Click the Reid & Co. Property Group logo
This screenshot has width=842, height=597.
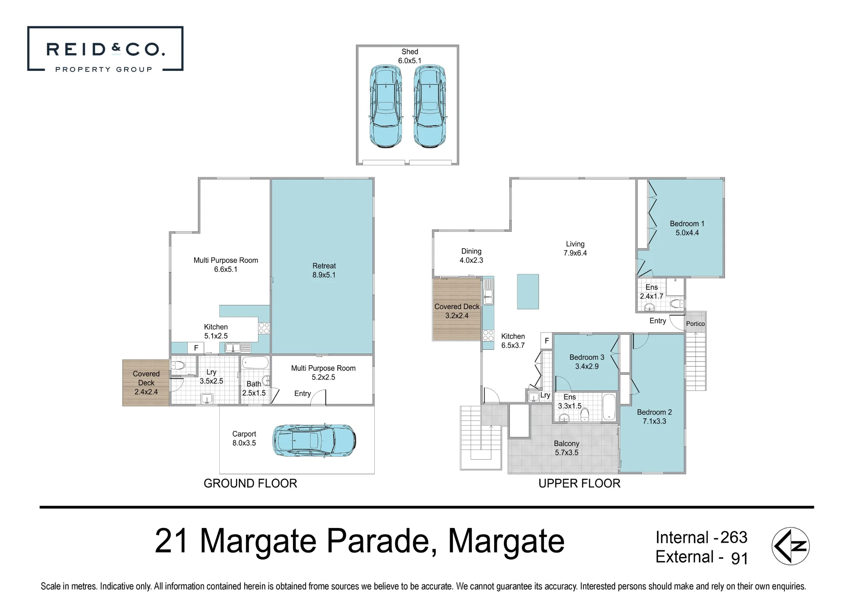pyautogui.click(x=105, y=49)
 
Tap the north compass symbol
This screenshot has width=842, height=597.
pyautogui.click(x=791, y=546)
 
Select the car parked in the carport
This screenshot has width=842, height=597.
pyautogui.click(x=314, y=440)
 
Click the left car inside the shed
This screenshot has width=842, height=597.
pyautogui.click(x=386, y=106)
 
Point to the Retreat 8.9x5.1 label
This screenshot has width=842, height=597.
pyautogui.click(x=324, y=270)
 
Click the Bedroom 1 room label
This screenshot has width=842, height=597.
pyautogui.click(x=687, y=228)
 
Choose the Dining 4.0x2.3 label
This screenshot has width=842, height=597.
pyautogui.click(x=471, y=256)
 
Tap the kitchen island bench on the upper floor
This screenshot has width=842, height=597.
pyautogui.click(x=528, y=292)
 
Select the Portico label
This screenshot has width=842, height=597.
pyautogui.click(x=695, y=324)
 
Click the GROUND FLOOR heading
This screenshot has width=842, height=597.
pyautogui.click(x=250, y=483)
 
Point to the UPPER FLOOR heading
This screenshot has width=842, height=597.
pyautogui.click(x=579, y=483)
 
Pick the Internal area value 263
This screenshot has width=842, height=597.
pyautogui.click(x=734, y=537)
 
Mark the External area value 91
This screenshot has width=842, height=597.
pyautogui.click(x=740, y=558)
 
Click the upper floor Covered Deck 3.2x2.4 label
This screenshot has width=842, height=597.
pyautogui.click(x=457, y=311)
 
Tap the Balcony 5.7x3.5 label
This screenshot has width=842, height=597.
pyautogui.click(x=567, y=448)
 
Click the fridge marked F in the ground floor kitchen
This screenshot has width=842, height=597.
pyautogui.click(x=196, y=348)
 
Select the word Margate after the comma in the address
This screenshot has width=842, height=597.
pyautogui.click(x=506, y=541)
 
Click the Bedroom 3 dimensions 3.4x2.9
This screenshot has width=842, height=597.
pyautogui.click(x=587, y=366)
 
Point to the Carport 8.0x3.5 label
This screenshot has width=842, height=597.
pyautogui.click(x=244, y=438)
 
